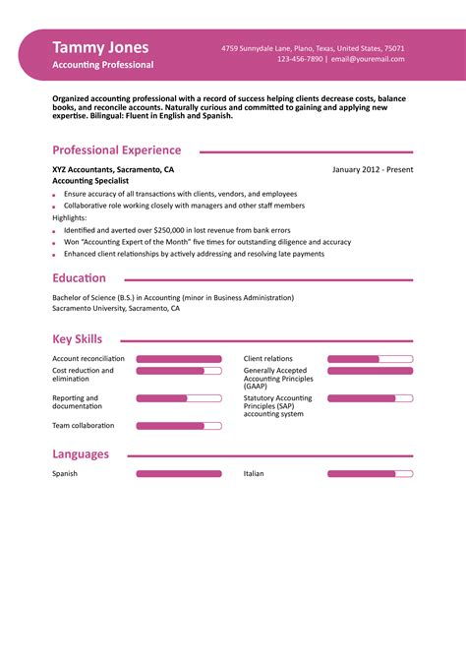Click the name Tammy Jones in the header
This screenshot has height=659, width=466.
tap(100, 47)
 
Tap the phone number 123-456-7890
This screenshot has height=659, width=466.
tap(300, 59)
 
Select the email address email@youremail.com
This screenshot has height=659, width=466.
tap(368, 59)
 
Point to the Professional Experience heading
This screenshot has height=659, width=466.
tap(116, 150)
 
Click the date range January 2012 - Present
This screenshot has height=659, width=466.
tap(373, 169)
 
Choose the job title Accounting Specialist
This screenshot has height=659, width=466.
tap(90, 181)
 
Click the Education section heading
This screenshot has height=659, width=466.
tap(79, 278)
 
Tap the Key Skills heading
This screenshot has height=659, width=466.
tap(77, 339)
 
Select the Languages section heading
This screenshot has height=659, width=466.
tap(81, 454)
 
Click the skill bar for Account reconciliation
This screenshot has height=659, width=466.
tap(178, 359)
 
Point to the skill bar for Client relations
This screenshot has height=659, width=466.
tap(370, 359)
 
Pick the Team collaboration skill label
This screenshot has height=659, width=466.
tap(84, 426)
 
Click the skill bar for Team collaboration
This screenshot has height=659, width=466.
tap(178, 426)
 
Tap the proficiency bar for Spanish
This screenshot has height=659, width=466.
tap(178, 474)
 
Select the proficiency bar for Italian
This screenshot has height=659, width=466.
tap(370, 474)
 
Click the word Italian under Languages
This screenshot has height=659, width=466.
tap(254, 474)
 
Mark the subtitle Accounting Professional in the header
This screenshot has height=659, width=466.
tap(103, 65)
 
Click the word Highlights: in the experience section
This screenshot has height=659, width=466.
tap(69, 217)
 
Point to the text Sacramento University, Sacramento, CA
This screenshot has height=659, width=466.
tap(116, 308)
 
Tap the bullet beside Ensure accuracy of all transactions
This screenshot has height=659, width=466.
tap(54, 195)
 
